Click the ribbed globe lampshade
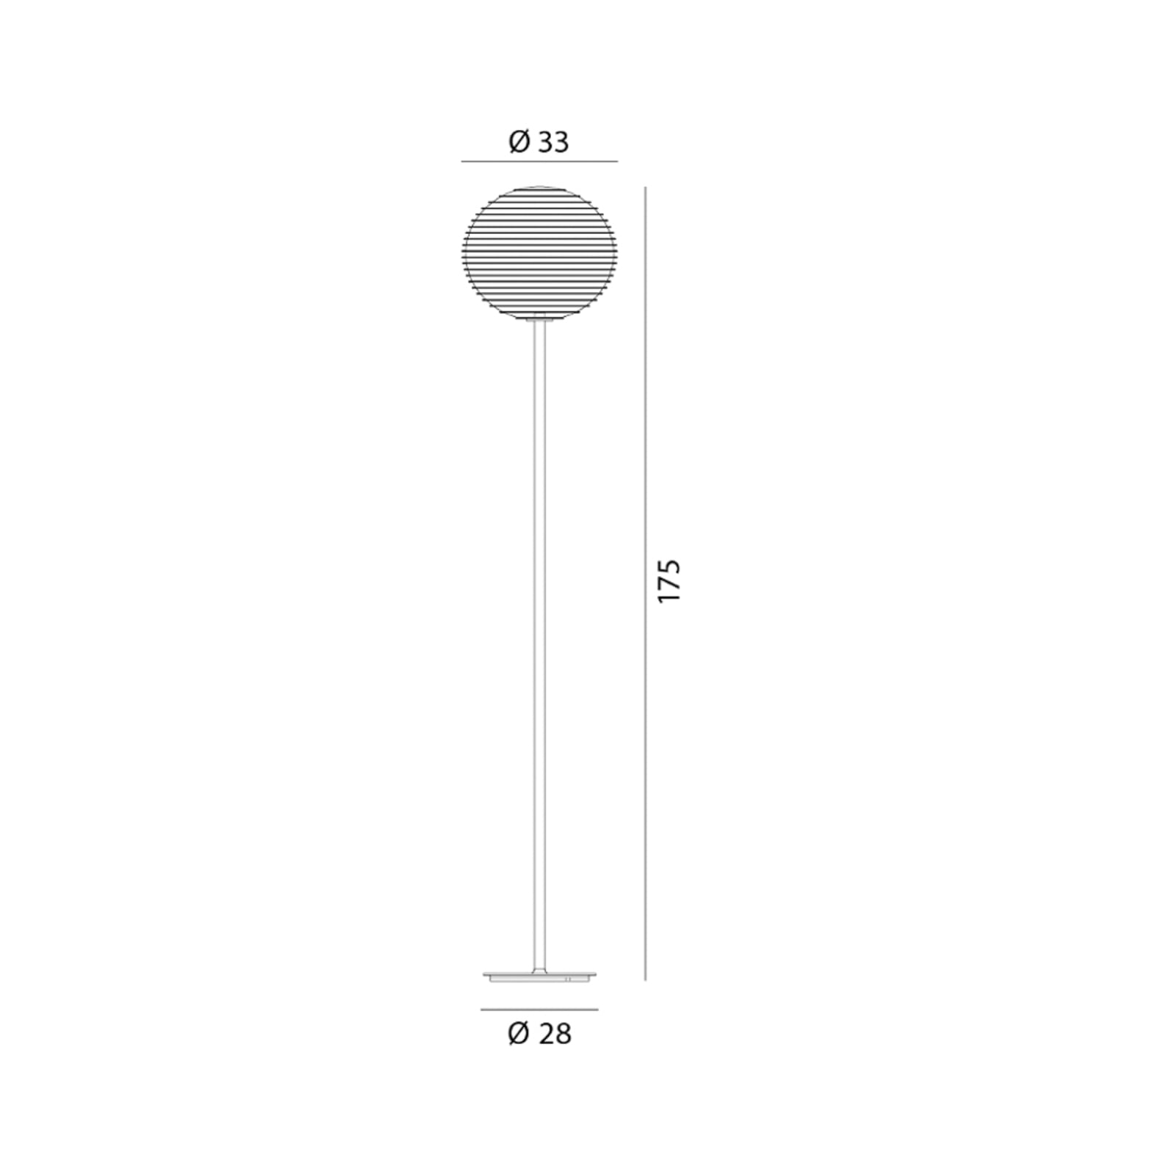coord(539,253)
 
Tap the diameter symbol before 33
coord(519,142)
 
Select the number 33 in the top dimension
coord(553,142)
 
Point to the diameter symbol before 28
coord(518,1033)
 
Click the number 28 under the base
coord(555,1033)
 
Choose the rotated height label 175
coord(669,582)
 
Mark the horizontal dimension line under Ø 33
coord(539,161)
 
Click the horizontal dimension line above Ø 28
coord(539,1010)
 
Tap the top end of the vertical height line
coord(646,188)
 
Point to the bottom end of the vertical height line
coord(646,980)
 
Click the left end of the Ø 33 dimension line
coord(462,161)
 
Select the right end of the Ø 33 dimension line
coord(617,161)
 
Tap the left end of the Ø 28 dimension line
coord(481,1010)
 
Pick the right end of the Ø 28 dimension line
coord(597,1010)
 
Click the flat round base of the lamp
coord(539,977)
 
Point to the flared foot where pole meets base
coord(539,969)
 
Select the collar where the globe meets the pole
coord(539,318)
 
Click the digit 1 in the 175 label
coord(669,595)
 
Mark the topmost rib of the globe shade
coord(539,189)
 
